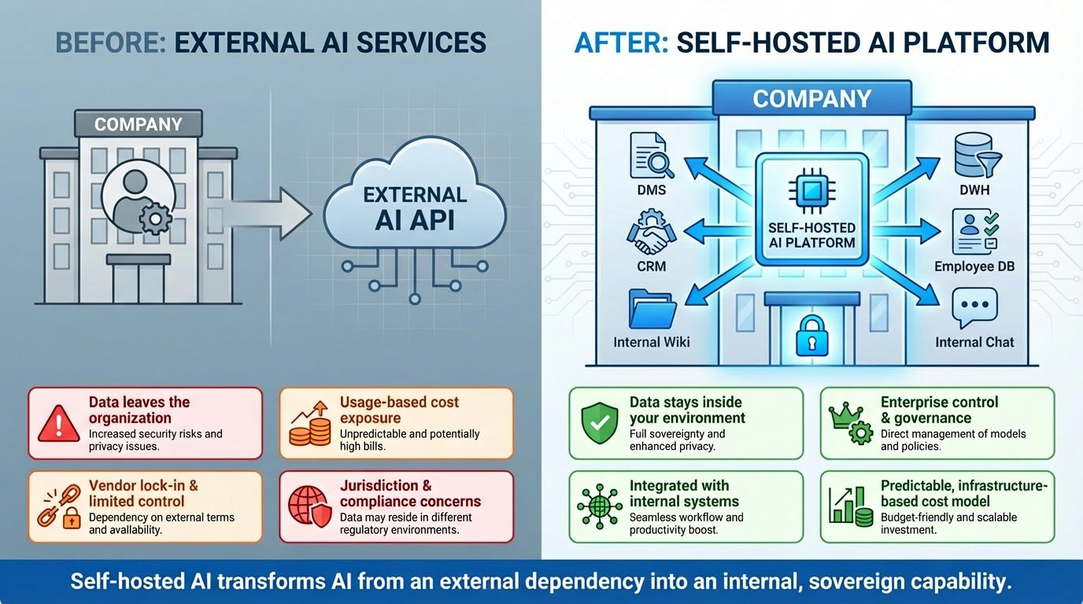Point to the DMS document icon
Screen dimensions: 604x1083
click(651, 156)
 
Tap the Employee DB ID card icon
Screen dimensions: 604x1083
click(974, 232)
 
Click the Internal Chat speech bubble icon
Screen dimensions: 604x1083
click(974, 308)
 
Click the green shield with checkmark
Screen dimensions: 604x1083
click(599, 423)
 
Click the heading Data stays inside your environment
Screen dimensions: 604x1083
click(687, 410)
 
